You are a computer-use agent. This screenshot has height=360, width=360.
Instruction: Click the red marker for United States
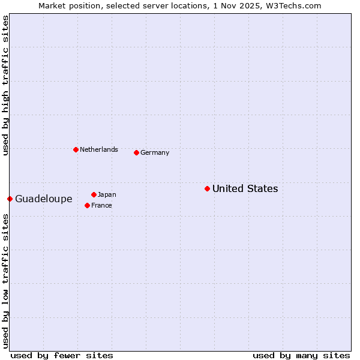pos(207,188)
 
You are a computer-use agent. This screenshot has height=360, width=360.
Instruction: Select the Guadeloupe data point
pos(10,199)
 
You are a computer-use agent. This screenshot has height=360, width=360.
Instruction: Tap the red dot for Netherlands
pos(76,149)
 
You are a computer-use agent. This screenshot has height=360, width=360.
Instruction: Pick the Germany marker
pos(136,152)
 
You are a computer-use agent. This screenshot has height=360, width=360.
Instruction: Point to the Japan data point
pos(94,194)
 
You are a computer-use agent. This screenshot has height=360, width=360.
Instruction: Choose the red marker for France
pos(87,205)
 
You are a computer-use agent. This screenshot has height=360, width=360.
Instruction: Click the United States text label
pos(245,189)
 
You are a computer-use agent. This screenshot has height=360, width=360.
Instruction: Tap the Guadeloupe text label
pos(44,199)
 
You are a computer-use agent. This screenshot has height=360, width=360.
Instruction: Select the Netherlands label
pos(99,149)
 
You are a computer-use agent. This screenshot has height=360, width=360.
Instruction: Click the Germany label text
pos(155,153)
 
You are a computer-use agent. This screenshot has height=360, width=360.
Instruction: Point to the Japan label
pos(107,194)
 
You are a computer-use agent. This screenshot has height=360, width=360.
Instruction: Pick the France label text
pos(101,205)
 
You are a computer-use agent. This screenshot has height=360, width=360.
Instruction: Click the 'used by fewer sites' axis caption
pos(62,355)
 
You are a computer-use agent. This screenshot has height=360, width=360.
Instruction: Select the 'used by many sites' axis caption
pos(301,355)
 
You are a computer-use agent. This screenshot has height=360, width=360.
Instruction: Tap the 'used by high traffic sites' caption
pos(5,86)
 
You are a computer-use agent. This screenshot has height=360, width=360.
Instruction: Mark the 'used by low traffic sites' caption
pos(5,281)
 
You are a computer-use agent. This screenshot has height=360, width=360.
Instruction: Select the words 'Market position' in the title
pos(66,5)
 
